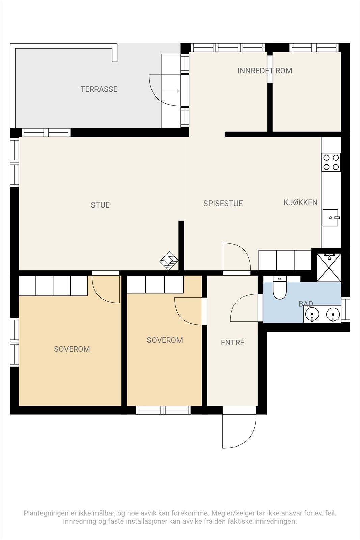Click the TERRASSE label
click(x=99, y=89)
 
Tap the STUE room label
click(x=100, y=205)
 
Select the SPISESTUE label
click(x=223, y=204)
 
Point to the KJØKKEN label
click(x=301, y=202)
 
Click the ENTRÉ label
click(x=232, y=342)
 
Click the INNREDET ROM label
click(x=265, y=71)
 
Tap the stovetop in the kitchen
click(x=331, y=162)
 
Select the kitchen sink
click(x=331, y=218)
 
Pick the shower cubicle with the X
click(x=329, y=267)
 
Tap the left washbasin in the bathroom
click(x=312, y=314)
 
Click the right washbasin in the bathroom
click(x=333, y=314)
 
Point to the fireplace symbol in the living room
click(x=169, y=261)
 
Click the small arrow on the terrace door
click(x=171, y=91)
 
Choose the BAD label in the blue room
click(x=306, y=304)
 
